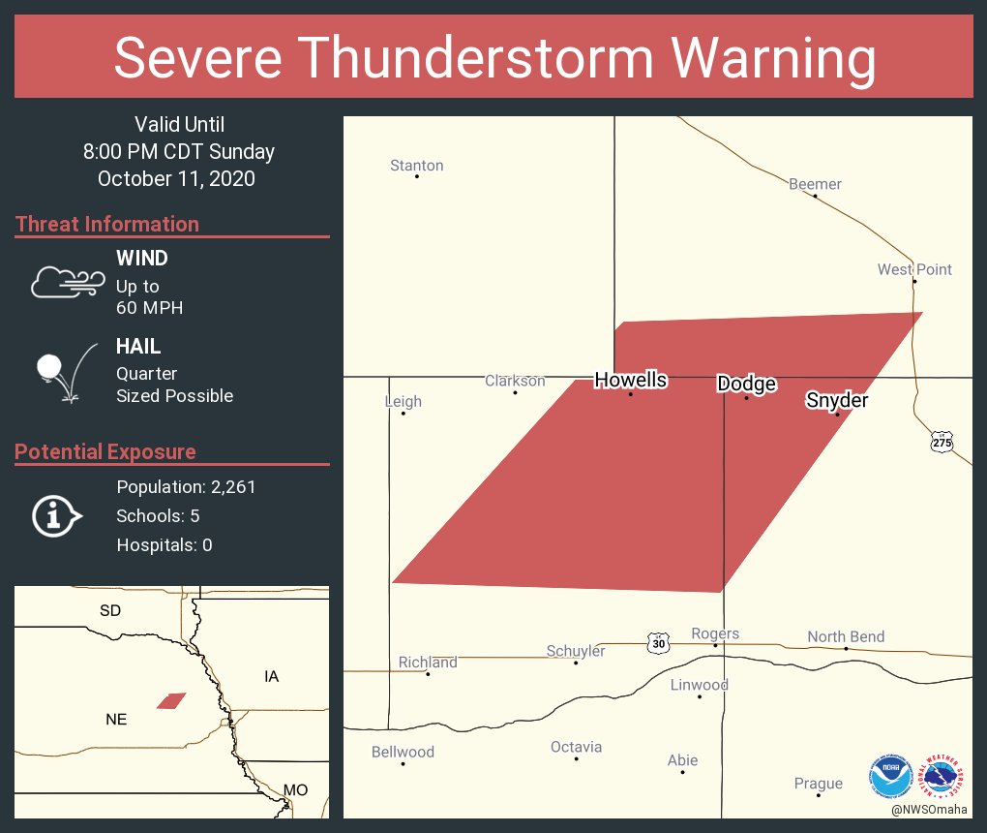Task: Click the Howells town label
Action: [630, 380]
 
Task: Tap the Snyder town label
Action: [837, 400]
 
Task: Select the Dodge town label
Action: [746, 384]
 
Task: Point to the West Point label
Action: [914, 269]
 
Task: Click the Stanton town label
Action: [416, 166]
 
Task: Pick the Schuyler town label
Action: [576, 651]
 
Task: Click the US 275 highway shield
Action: [942, 443]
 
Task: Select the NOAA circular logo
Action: [890, 776]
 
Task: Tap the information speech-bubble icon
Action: [56, 515]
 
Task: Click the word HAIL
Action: [138, 347]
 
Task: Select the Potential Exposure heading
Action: [105, 452]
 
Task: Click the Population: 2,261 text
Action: [186, 487]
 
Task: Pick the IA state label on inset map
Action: [271, 676]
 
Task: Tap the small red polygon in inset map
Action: [171, 700]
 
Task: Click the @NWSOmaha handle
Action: [930, 809]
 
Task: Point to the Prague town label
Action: [818, 783]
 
